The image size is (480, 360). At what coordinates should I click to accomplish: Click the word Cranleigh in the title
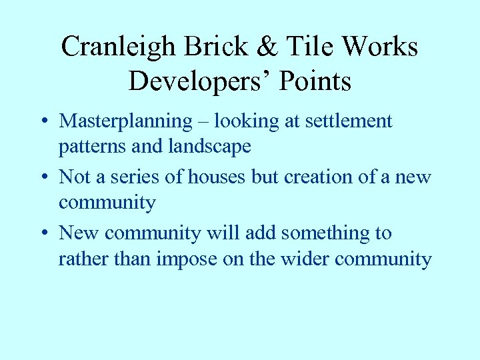click(x=118, y=47)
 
